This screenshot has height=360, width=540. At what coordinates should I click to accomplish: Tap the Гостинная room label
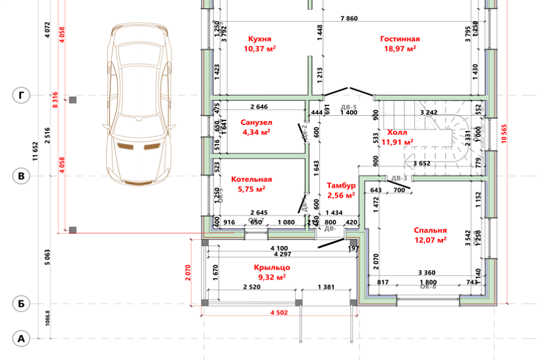[x=400, y=39]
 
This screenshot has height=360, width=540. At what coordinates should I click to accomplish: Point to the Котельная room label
[x=251, y=179]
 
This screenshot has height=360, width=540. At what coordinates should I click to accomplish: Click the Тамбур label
[x=340, y=186]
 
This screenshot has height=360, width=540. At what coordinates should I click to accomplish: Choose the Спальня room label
[x=430, y=230]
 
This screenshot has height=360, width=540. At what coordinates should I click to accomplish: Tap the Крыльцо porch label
[x=272, y=268]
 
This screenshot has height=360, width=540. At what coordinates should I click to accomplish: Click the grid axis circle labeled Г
[x=22, y=96]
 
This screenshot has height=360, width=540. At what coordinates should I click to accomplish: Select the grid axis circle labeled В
[x=22, y=176]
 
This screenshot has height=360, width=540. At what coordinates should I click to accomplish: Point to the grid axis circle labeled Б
[x=22, y=304]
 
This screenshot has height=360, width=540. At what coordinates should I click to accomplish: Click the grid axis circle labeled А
[x=22, y=339]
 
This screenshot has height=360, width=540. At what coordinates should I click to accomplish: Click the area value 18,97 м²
[x=400, y=48]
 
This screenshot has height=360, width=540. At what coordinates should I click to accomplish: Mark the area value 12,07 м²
[x=430, y=240]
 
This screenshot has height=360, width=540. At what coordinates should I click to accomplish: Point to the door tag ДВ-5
[x=349, y=106]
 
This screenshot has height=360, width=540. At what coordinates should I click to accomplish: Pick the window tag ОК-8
[x=427, y=287]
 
